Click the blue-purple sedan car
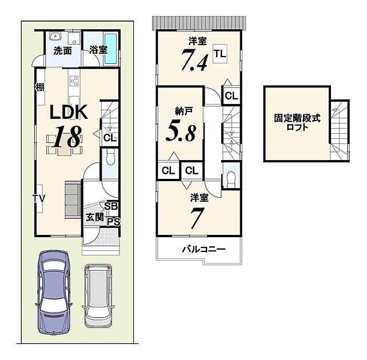tap(53, 292)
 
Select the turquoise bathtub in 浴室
tap(110, 49)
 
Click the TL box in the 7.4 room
tap(220, 54)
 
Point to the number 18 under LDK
tap(67, 137)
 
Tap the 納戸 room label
tap(184, 111)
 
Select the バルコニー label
tap(204, 249)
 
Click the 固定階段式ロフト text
tap(297, 123)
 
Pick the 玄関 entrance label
tap(94, 217)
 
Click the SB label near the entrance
tap(111, 206)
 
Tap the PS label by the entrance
tap(114, 222)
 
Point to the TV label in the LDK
tap(39, 199)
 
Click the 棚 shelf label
tap(39, 87)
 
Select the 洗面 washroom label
tap(63, 51)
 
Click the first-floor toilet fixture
tap(110, 157)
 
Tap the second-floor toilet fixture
tap(230, 179)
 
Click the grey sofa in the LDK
tap(73, 199)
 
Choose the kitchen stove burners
tap(75, 81)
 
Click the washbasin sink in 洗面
tap(55, 36)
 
